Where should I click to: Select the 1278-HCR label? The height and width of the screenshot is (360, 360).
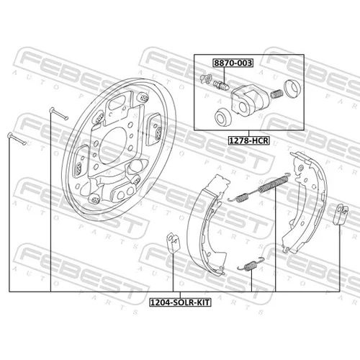tap(248, 140)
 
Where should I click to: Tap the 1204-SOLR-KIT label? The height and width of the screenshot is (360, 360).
tap(180, 302)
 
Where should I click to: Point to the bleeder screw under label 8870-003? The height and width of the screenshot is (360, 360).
tap(221, 85)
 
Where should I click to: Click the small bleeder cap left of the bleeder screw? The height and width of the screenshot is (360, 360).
tap(206, 78)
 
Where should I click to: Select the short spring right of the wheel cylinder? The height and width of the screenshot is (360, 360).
tap(276, 94)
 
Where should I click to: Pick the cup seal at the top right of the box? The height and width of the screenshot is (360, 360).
tap(292, 89)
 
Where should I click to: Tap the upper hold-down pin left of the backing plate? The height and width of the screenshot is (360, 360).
tap(59, 114)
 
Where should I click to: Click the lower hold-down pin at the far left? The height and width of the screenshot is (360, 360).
tap(17, 139)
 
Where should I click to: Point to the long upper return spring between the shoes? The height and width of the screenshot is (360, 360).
tap(274, 184)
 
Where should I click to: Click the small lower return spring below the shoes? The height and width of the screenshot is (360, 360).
tap(251, 264)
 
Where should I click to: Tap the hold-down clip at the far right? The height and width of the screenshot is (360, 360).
tap(341, 215)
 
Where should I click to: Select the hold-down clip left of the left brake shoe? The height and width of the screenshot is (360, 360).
tap(173, 243)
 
